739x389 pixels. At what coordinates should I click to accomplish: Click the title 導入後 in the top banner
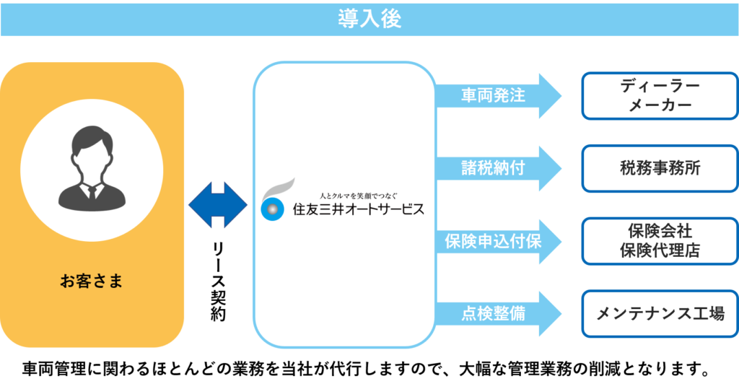click(x=369, y=19)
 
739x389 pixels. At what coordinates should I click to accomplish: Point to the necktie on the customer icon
click(x=92, y=191)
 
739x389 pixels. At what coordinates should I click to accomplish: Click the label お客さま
click(x=92, y=280)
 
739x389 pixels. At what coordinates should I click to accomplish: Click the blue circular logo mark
click(x=273, y=209)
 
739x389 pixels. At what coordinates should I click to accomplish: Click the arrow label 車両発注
click(x=493, y=95)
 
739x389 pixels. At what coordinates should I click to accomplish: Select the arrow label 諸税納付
click(x=493, y=168)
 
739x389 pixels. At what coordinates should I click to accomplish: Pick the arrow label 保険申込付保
click(x=493, y=241)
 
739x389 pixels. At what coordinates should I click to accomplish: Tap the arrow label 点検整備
click(x=493, y=314)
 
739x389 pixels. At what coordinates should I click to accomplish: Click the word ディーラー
click(x=660, y=86)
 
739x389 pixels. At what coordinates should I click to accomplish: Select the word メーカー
click(x=660, y=105)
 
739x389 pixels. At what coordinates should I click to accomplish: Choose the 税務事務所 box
click(x=660, y=168)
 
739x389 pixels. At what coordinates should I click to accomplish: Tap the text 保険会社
click(x=660, y=232)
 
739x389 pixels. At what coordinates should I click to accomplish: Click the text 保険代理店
click(x=660, y=250)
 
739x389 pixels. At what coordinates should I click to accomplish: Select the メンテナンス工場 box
click(x=660, y=314)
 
